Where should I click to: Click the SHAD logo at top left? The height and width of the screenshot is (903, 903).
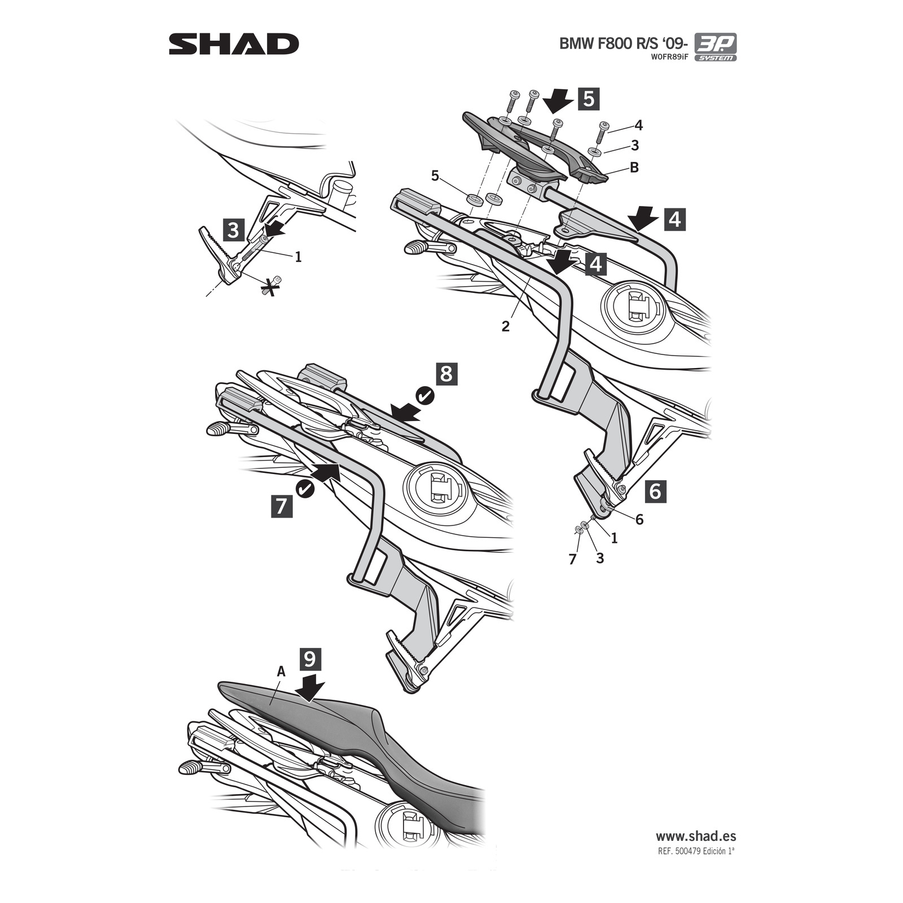[x=234, y=44]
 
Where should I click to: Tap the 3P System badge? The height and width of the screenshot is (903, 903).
[x=715, y=47]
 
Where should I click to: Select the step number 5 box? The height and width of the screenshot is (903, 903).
[x=588, y=99]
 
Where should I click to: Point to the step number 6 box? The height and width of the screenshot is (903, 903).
[x=655, y=491]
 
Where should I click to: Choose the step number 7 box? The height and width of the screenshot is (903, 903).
[x=282, y=505]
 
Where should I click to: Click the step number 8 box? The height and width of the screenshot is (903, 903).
[x=446, y=374]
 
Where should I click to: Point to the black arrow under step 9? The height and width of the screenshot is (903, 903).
[x=309, y=689]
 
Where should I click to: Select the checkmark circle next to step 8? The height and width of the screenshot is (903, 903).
[x=425, y=396]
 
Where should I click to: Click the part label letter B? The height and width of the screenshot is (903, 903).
[x=634, y=168]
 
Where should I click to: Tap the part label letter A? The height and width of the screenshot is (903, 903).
[x=281, y=672]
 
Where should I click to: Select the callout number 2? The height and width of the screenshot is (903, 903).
[x=505, y=326]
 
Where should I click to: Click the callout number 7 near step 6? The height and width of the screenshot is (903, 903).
[x=573, y=559]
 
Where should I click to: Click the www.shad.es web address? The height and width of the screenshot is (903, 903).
[x=695, y=836]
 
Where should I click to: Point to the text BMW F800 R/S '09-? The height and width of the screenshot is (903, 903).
[x=623, y=44]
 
